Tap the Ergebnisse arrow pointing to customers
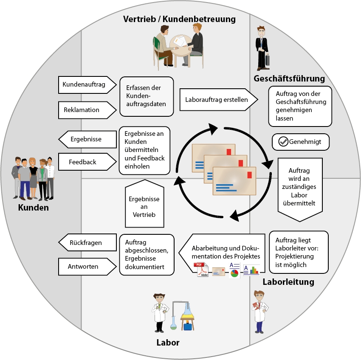(87, 139)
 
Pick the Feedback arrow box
(87, 162)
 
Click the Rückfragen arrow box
(87, 243)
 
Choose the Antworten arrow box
(87, 267)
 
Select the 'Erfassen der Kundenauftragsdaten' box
(147, 96)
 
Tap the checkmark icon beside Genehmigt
(283, 142)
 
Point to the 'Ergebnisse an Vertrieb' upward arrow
(144, 204)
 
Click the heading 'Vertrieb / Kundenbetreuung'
(179, 19)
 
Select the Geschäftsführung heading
(289, 79)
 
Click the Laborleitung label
(288, 281)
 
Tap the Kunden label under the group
(33, 208)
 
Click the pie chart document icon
(234, 270)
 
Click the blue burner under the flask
(187, 326)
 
